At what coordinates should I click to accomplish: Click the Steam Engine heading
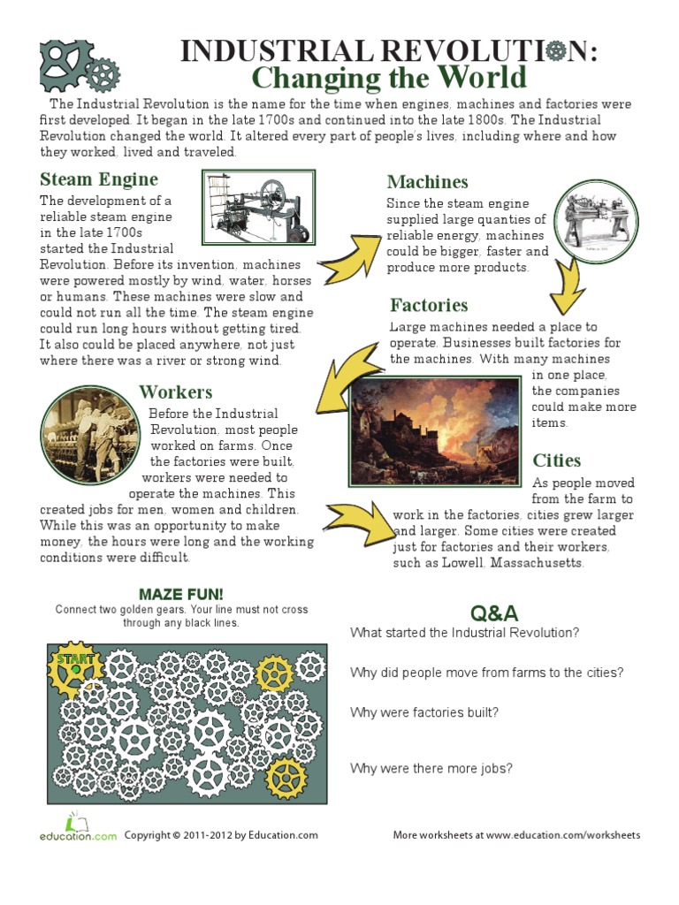tap(98, 180)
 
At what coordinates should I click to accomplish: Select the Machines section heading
tap(427, 182)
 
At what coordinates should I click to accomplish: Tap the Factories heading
tap(429, 306)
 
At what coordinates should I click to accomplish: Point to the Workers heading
tap(175, 392)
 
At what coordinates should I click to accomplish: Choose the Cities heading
tap(556, 460)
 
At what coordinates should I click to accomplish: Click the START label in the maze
tap(76, 659)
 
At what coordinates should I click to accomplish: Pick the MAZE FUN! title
tap(181, 594)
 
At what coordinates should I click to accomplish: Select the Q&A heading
tap(494, 613)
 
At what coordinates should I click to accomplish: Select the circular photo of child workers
tap(88, 433)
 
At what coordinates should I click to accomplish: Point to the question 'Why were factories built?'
tap(424, 712)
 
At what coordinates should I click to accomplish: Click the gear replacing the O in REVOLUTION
tap(555, 52)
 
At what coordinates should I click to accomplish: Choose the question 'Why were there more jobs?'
tap(431, 769)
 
